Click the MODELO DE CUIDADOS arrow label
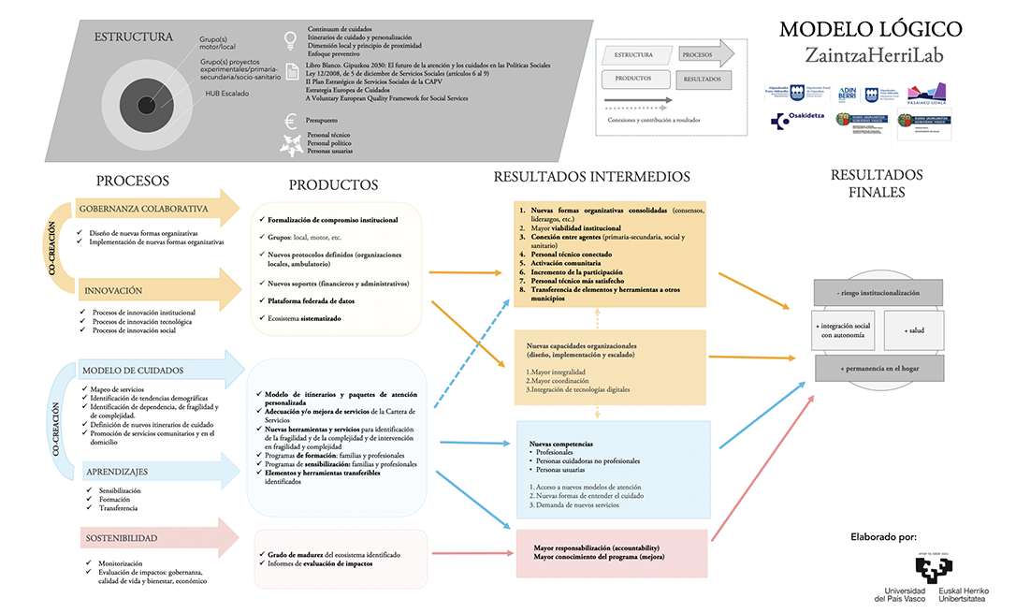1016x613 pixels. [131, 370]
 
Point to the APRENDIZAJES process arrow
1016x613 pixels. [117, 471]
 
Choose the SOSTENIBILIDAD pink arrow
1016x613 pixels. [120, 538]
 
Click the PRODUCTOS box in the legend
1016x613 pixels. [633, 79]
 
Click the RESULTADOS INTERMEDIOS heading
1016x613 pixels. [591, 176]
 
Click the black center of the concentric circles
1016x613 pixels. [147, 103]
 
